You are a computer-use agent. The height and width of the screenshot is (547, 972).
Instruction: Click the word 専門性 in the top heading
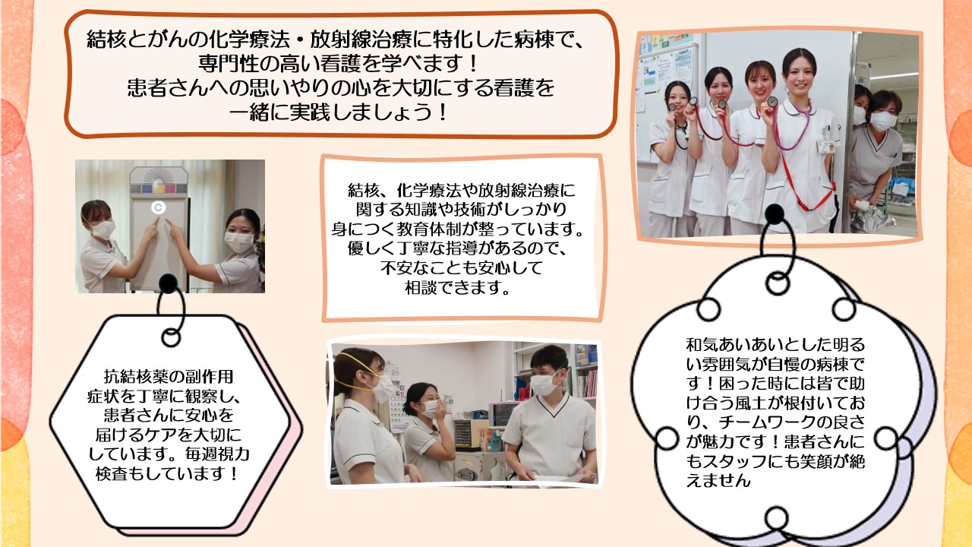coord(229,65)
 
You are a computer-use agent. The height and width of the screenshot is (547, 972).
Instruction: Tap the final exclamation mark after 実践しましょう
coord(443,113)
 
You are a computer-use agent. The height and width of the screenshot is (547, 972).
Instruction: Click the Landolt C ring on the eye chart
coord(159,207)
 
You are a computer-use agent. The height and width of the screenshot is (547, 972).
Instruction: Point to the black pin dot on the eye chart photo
coord(168,283)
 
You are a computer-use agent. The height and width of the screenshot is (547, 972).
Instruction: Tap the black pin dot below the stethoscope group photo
coord(774,214)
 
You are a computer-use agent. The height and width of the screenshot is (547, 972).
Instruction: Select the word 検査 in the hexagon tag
coord(111,473)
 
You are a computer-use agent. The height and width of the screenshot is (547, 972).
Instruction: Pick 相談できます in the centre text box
coord(457,287)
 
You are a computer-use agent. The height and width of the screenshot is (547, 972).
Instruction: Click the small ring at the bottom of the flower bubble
coord(776,518)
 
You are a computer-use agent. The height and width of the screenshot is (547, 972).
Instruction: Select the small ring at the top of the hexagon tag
coord(171,337)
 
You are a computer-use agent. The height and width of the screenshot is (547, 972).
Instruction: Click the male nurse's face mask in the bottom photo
coord(544,384)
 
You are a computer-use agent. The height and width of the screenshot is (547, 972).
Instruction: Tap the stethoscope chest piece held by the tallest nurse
coord(772,102)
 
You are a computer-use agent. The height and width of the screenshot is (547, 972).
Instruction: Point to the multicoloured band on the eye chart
coord(159,189)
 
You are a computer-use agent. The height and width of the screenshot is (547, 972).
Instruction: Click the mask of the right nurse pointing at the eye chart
coord(239,242)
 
